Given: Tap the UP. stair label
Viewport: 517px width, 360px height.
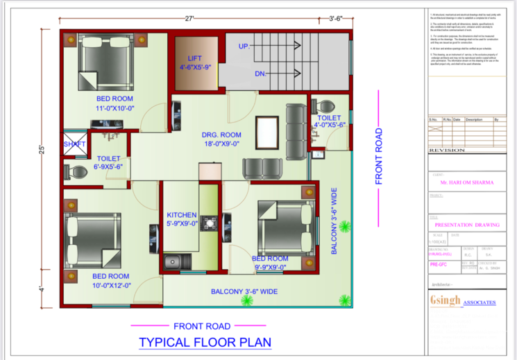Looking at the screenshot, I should [244, 46].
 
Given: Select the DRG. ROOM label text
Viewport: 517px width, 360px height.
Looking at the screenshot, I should [221, 139].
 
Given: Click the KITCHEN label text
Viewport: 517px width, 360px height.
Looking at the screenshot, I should [182, 219].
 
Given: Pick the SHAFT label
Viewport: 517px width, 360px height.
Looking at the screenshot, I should [74, 144].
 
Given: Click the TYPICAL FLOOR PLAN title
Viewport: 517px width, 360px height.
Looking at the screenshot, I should [205, 342].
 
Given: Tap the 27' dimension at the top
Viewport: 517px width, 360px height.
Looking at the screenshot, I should [189, 19].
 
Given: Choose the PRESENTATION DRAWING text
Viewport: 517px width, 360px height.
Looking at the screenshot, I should [464, 225].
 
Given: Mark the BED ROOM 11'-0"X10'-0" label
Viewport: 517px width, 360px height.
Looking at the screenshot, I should [115, 103].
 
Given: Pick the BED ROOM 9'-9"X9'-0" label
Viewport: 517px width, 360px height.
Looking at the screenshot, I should [270, 262].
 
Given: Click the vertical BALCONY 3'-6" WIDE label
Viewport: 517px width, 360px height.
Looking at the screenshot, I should [334, 220].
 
